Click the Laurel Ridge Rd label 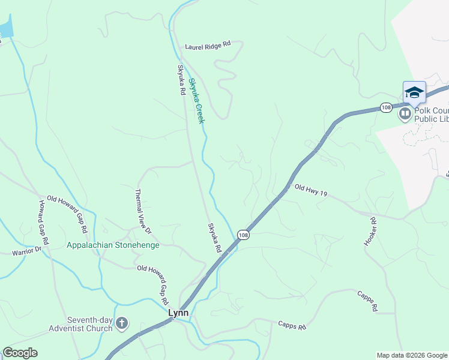(x=208, y=45)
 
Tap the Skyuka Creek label (x=196, y=101)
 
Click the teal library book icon (x=405, y=113)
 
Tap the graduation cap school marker (x=414, y=92)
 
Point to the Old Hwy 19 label (x=311, y=191)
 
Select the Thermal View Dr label (x=143, y=212)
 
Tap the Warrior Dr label (x=26, y=250)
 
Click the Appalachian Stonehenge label (x=113, y=245)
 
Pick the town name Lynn (x=178, y=313)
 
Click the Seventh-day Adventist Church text (x=82, y=324)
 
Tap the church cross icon (x=122, y=324)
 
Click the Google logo (x=20, y=353)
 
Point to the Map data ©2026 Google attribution (x=411, y=355)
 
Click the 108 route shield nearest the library (x=386, y=107)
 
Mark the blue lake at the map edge (x=5, y=27)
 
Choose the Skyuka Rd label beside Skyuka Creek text (x=181, y=80)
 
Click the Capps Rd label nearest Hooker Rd (x=366, y=301)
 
